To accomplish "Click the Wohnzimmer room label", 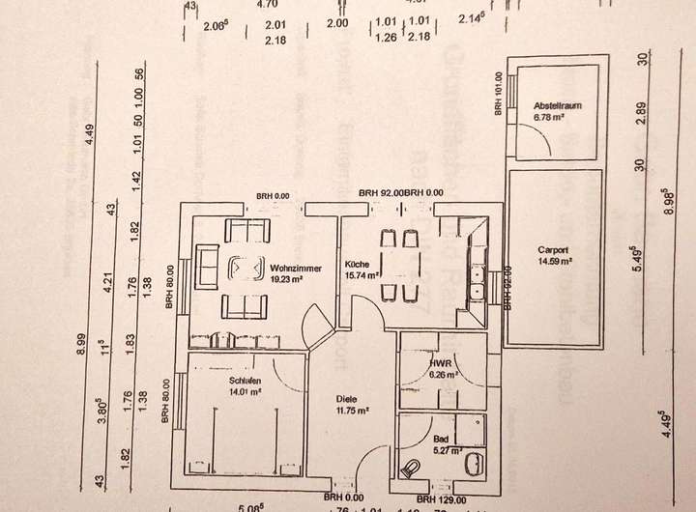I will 291,268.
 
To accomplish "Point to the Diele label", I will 346,398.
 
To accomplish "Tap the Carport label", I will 555,250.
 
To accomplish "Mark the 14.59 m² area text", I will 555,261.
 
